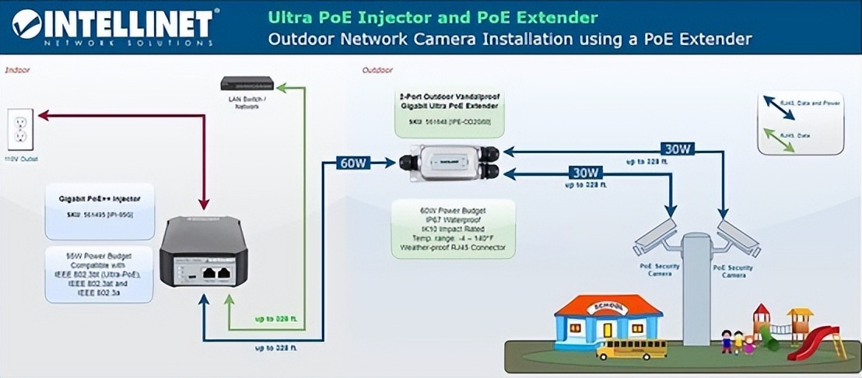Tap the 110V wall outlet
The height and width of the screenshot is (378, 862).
[20, 129]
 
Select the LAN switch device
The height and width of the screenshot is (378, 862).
[247, 83]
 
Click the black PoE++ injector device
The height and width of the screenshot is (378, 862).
[203, 250]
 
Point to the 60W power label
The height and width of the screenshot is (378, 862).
[354, 163]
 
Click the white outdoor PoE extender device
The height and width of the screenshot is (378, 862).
[450, 163]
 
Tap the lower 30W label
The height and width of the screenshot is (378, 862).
[585, 172]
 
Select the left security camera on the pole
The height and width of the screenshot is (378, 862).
[655, 236]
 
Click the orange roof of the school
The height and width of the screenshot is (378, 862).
[608, 305]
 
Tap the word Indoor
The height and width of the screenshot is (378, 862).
[18, 69]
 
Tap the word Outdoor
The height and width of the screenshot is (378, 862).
[377, 70]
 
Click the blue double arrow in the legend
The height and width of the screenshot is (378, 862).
[778, 108]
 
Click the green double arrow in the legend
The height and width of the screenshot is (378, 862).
[778, 139]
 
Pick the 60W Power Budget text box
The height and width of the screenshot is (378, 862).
[454, 229]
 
